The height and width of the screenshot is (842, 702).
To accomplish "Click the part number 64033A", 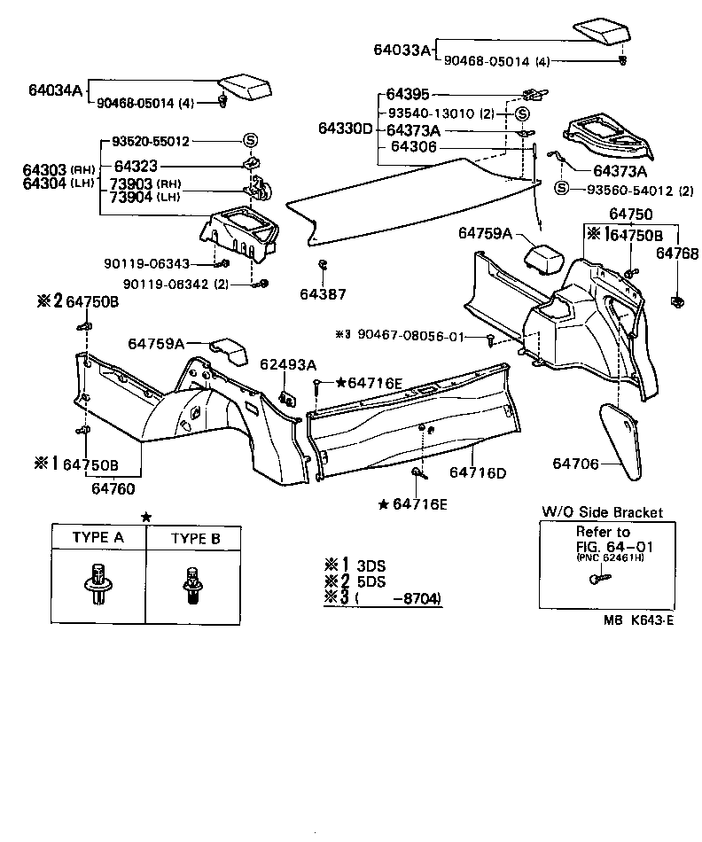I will [401, 51].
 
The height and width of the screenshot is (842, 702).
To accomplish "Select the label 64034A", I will [55, 90].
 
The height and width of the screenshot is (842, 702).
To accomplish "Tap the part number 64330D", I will [346, 129].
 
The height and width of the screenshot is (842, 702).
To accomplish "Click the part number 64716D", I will [477, 472].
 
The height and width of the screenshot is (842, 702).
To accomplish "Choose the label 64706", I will [576, 464].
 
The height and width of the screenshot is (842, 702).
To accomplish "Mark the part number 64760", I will [113, 486].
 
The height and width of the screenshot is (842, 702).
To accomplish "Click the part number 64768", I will [675, 253].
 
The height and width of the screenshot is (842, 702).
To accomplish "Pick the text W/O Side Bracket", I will [601, 513].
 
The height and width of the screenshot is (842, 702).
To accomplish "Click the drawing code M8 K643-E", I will [635, 620].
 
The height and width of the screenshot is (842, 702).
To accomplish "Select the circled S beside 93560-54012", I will [560, 188].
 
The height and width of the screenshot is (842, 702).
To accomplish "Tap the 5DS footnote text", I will [370, 582].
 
